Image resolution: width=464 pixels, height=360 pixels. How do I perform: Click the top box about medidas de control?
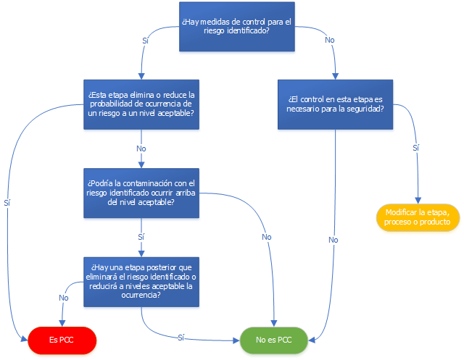tap(237, 27)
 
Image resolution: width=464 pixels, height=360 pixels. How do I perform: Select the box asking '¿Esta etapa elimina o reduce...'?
tap(141, 104)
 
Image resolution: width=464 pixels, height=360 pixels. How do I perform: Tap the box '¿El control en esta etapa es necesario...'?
tap(335, 104)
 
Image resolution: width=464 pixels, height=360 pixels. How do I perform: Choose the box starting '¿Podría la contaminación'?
tap(141, 193)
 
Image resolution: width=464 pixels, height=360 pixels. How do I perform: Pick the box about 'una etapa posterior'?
tap(141, 282)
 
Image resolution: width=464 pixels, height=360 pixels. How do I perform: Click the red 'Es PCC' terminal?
tap(62, 340)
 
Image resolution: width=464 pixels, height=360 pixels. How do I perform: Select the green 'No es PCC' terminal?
tap(274, 340)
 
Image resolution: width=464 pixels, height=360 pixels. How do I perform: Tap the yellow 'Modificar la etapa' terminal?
tap(418, 217)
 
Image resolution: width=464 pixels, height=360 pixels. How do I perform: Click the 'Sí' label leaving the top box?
tap(145, 41)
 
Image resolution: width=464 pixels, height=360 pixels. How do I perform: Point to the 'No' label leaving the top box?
tap(330, 40)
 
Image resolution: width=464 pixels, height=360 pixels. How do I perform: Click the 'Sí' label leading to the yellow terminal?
tap(415, 148)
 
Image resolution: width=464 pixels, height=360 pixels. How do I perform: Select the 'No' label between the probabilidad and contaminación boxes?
tap(141, 148)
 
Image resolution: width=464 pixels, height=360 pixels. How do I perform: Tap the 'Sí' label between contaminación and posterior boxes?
tap(141, 237)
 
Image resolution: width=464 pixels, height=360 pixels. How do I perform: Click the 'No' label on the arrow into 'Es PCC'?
tap(64, 298)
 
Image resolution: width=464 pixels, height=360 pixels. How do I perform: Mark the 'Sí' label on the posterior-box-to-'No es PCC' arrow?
tap(181, 338)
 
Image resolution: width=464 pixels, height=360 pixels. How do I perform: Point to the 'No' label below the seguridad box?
tap(333, 240)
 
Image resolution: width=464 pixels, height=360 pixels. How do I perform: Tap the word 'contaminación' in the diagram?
tap(144, 183)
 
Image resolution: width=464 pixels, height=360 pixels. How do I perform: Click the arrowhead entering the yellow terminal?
tap(418, 201)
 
